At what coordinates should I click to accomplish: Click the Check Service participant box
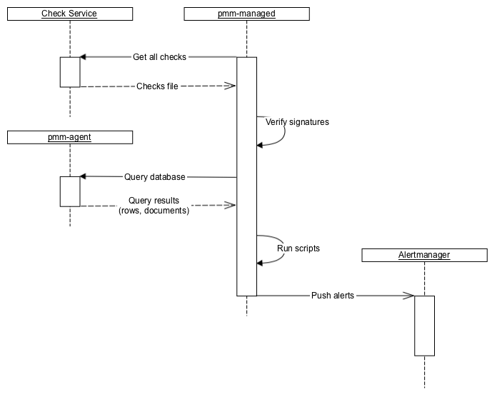[x=69, y=14]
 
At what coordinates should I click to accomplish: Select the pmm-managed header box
[x=246, y=14]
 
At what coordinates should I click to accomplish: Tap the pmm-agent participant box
[x=69, y=136]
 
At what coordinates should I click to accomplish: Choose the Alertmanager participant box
[x=424, y=255]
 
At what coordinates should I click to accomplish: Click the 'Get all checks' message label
[x=159, y=57]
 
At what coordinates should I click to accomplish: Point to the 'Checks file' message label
[x=157, y=86]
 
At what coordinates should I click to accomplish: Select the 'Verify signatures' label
[x=297, y=122]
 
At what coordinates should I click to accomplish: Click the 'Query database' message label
[x=155, y=177]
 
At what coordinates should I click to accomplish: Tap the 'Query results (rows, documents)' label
[x=154, y=206]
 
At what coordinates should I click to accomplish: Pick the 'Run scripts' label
[x=298, y=248]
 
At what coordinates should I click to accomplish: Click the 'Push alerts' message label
[x=333, y=296]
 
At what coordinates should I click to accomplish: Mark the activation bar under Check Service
[x=70, y=72]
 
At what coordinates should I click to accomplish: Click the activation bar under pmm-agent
[x=70, y=191]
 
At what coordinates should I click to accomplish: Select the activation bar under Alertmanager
[x=424, y=325]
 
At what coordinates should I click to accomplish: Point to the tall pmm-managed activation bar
[x=246, y=176]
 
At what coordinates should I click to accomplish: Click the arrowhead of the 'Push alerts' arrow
[x=409, y=296]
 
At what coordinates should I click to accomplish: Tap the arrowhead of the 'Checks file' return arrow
[x=231, y=86]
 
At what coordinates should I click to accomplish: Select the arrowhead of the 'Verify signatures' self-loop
[x=261, y=145]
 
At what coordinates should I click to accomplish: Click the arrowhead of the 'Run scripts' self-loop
[x=261, y=263]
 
